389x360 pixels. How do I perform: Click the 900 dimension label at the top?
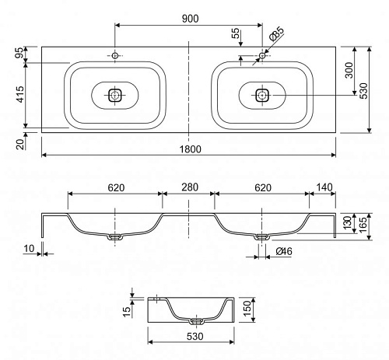(190, 19)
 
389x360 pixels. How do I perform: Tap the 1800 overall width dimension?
(191, 149)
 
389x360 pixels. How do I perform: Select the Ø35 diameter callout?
(276, 33)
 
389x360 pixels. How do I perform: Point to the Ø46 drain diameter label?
(284, 251)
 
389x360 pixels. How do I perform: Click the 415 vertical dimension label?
(20, 94)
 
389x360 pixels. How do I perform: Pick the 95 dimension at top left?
(20, 53)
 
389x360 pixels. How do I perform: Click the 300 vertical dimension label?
(349, 70)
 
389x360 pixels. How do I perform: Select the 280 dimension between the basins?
(190, 187)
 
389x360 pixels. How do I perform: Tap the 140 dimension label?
(324, 187)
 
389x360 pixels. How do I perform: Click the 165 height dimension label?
(363, 225)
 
